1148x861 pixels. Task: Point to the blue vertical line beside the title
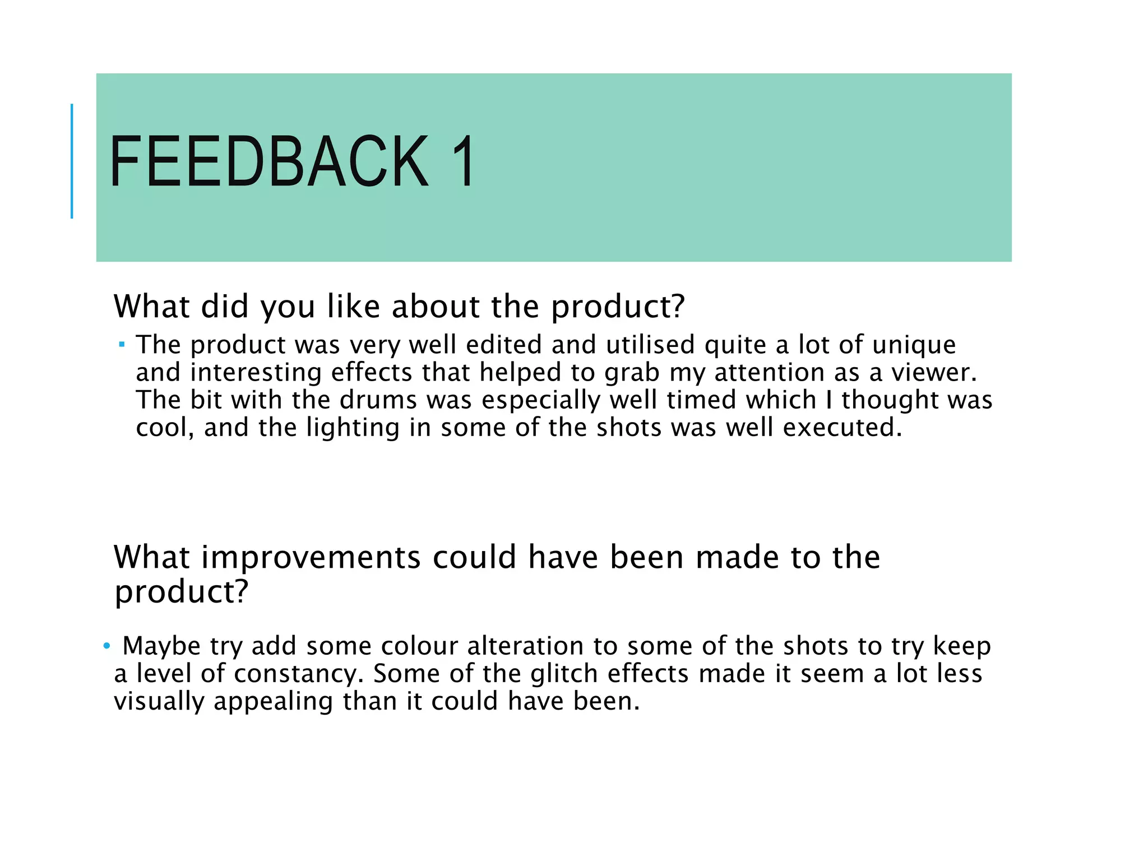(72, 161)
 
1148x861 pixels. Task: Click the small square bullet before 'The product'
(122, 343)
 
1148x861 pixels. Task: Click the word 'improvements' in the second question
(311, 558)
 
